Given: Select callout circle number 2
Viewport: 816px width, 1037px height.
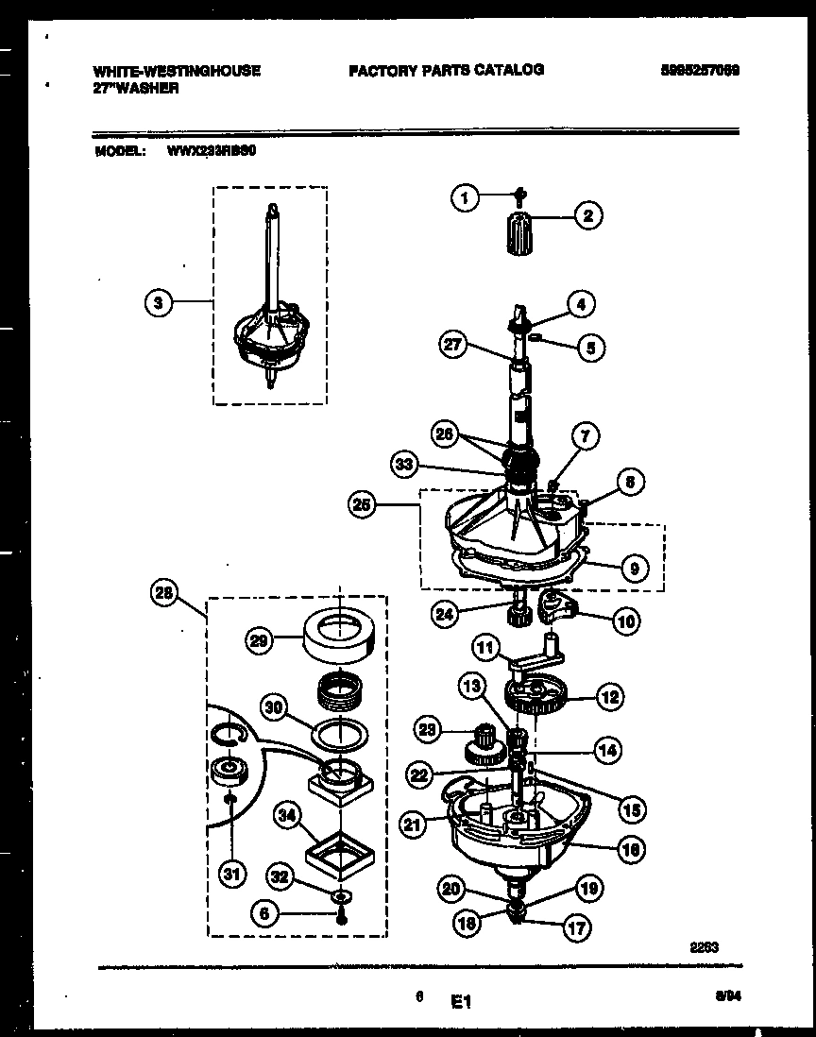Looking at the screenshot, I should click(587, 216).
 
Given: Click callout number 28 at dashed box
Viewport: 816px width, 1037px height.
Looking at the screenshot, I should click(164, 593).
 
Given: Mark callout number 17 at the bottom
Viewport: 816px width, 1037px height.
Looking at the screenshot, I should click(575, 927).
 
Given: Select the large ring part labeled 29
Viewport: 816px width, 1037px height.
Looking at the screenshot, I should click(337, 634).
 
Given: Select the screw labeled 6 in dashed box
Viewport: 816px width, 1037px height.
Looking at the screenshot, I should click(339, 914).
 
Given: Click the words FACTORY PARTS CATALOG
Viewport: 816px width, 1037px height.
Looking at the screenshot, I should click(446, 69).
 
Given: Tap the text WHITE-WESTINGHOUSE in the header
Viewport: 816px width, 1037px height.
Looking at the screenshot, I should click(178, 70).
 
